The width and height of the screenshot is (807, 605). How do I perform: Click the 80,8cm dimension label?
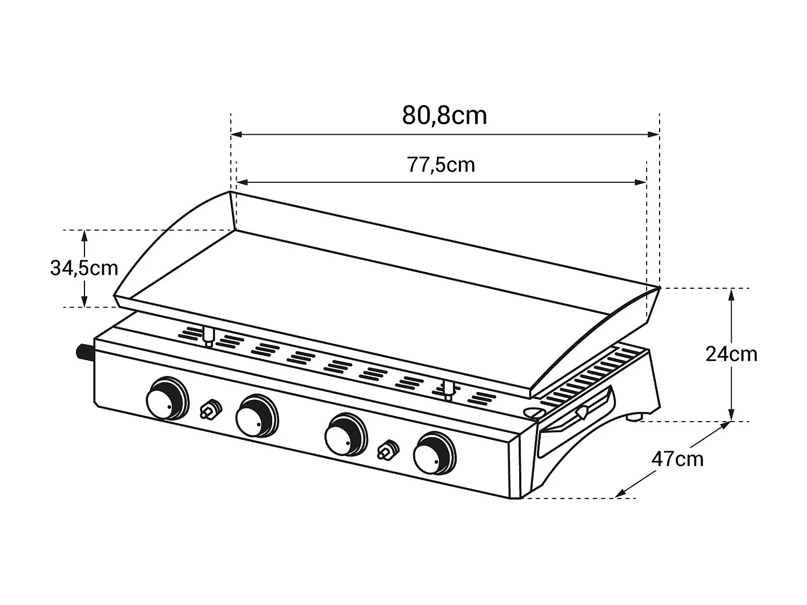444,116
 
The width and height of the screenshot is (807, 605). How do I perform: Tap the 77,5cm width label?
441,165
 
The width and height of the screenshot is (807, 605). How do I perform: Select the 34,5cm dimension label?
84,268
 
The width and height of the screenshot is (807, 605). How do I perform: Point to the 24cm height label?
731,354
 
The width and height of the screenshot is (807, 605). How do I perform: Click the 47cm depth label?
677,459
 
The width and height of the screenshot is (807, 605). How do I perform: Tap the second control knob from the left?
256,416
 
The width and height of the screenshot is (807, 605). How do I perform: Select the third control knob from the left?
345,434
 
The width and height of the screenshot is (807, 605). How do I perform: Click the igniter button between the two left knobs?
209,409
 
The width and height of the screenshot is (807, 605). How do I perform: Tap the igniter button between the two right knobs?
387,450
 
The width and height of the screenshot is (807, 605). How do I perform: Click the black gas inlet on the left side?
85,353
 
